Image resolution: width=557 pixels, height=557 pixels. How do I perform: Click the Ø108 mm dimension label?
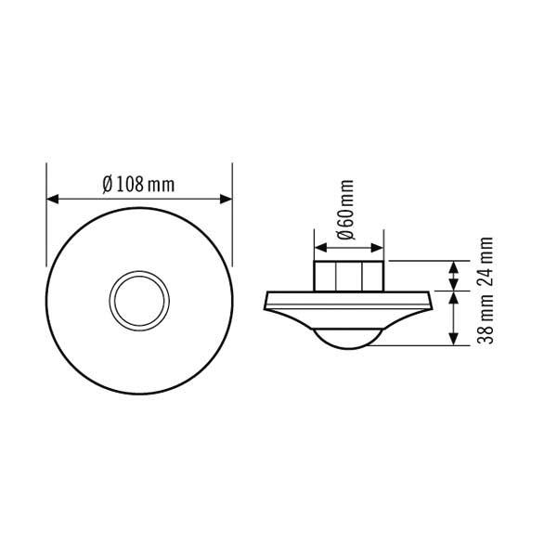point(139,184)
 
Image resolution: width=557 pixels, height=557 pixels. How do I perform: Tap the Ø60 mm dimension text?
point(345,212)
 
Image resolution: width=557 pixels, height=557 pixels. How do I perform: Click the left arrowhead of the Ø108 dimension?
point(54,199)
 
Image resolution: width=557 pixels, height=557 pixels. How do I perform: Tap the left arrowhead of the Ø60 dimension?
point(320,248)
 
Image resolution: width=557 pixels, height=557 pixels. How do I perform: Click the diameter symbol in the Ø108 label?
point(109,184)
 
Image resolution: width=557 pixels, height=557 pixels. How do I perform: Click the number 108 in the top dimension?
point(131,184)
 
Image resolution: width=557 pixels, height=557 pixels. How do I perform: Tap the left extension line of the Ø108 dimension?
point(46,223)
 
